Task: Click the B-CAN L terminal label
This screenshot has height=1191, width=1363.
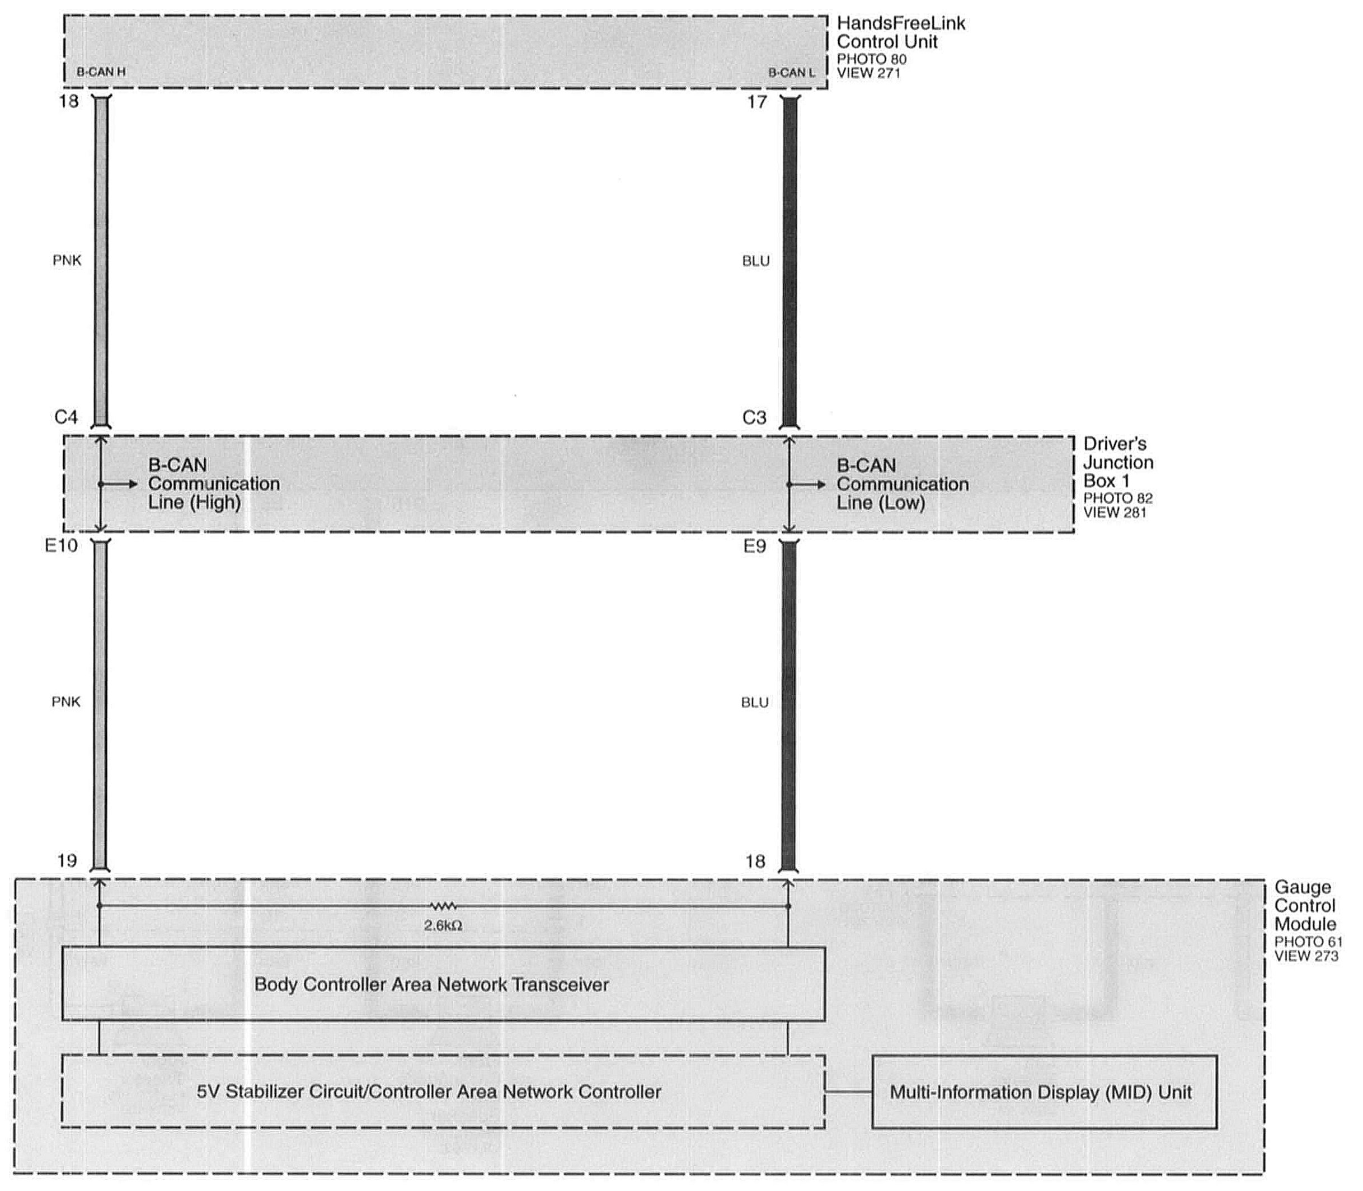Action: tap(791, 72)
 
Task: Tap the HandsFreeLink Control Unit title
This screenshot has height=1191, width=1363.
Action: tap(900, 32)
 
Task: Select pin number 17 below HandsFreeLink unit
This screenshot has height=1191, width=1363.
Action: tap(756, 102)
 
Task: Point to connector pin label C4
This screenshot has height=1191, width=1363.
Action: tap(66, 417)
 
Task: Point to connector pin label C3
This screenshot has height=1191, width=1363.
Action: tap(755, 418)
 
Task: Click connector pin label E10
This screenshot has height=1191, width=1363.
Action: tap(61, 545)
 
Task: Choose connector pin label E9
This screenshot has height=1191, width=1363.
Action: tap(755, 547)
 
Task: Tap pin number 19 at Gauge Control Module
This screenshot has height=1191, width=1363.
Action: tap(67, 861)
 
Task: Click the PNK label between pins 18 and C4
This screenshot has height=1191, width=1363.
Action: tap(67, 261)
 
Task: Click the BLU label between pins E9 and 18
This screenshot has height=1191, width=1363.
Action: tap(755, 703)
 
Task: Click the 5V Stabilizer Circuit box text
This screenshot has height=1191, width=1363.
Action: tap(429, 1091)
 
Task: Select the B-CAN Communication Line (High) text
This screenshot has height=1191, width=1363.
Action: tap(213, 484)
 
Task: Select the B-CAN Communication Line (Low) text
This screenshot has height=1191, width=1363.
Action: tap(901, 484)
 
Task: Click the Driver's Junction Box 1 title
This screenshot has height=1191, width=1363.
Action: tap(1118, 462)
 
